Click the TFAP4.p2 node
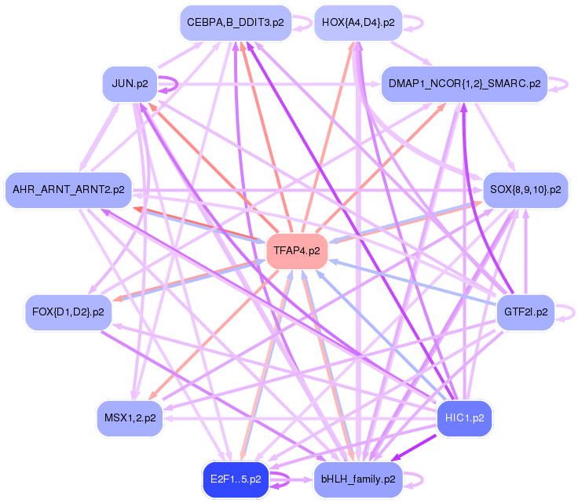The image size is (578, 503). (297, 251)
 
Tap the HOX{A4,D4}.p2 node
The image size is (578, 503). (358, 23)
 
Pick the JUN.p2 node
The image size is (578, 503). (130, 84)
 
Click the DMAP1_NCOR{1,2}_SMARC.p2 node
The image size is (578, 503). (463, 84)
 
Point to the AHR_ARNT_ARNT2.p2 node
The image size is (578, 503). (68, 190)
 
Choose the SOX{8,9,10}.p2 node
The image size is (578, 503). (525, 190)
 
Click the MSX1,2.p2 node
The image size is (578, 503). (130, 418)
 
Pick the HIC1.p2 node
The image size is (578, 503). (464, 418)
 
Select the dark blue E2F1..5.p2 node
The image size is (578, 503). (236, 479)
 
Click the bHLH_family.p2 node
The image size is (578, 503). (358, 479)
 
